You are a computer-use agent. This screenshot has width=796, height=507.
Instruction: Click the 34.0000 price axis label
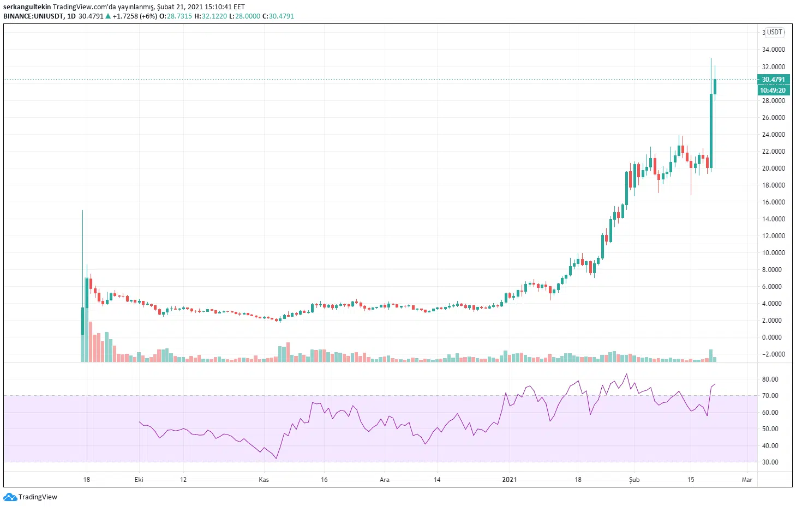773,50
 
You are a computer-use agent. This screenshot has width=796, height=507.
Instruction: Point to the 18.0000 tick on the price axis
773,185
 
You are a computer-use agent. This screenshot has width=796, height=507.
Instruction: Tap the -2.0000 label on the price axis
773,354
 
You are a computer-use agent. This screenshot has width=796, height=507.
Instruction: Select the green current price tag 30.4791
773,80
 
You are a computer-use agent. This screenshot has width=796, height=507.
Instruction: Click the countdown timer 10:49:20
773,90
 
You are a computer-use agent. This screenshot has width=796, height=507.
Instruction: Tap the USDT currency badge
775,32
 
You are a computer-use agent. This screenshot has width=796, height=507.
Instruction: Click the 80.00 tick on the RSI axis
770,379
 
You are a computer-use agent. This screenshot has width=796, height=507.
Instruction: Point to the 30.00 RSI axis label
770,462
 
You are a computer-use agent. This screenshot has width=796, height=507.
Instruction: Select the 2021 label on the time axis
509,480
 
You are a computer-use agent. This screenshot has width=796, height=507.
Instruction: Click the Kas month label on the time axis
264,480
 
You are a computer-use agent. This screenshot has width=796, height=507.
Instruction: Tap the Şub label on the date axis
634,480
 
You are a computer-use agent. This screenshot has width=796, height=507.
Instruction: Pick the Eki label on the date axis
139,480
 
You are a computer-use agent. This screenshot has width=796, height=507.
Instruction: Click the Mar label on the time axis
747,480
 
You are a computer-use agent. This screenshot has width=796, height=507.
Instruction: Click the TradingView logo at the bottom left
31,497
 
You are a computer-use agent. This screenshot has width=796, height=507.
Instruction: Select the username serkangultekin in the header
27,7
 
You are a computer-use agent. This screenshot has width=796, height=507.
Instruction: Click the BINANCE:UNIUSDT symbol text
33,16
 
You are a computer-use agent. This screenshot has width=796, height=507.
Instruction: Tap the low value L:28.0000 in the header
244,16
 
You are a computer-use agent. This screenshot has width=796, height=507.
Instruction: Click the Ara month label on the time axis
385,480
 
